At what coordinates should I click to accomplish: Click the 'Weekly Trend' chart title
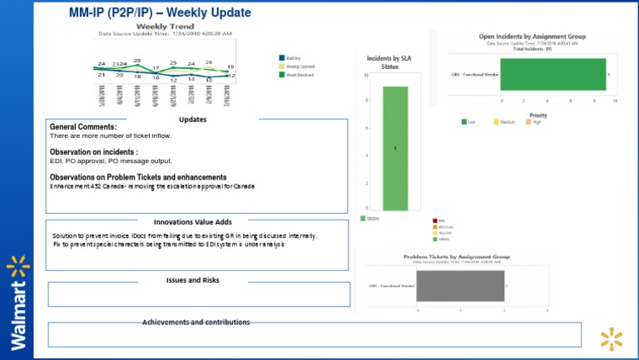pos(165,27)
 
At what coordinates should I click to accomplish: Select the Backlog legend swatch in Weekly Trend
pos(281,57)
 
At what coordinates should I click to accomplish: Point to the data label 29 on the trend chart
pos(136,61)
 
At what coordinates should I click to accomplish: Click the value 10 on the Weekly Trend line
pos(209,80)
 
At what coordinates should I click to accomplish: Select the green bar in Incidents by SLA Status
pos(395,148)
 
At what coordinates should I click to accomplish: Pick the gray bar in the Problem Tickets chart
pos(460,286)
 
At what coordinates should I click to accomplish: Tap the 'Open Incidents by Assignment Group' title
pos(532,37)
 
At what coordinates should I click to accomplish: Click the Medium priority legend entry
pos(504,122)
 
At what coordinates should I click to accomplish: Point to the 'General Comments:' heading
pos(83,126)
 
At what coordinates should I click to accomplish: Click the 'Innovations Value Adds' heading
pos(192,222)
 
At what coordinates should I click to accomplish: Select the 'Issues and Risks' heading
pos(192,280)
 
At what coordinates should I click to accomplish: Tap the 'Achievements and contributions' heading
pos(196,322)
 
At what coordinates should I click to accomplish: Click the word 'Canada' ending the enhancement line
pos(243,186)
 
